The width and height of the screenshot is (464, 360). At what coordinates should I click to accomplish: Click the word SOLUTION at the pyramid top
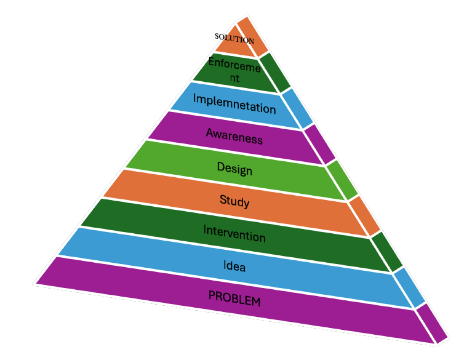pos(234,38)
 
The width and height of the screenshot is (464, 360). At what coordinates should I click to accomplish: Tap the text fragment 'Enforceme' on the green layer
pos(234,64)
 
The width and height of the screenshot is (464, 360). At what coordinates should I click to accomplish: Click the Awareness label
pos(234,136)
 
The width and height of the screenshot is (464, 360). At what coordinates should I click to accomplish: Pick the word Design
pos(234,167)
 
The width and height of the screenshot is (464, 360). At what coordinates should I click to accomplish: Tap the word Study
pos(234,200)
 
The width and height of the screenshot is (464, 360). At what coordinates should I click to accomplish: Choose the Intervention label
pos(234,233)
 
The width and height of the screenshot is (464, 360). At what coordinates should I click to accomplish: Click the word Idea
pos(234,266)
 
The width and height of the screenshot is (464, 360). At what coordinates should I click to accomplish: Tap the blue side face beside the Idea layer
pos(409,288)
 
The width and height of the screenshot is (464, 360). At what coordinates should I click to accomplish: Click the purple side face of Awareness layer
pos(320,144)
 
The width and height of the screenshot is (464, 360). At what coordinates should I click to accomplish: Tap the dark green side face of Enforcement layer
pos(276,73)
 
